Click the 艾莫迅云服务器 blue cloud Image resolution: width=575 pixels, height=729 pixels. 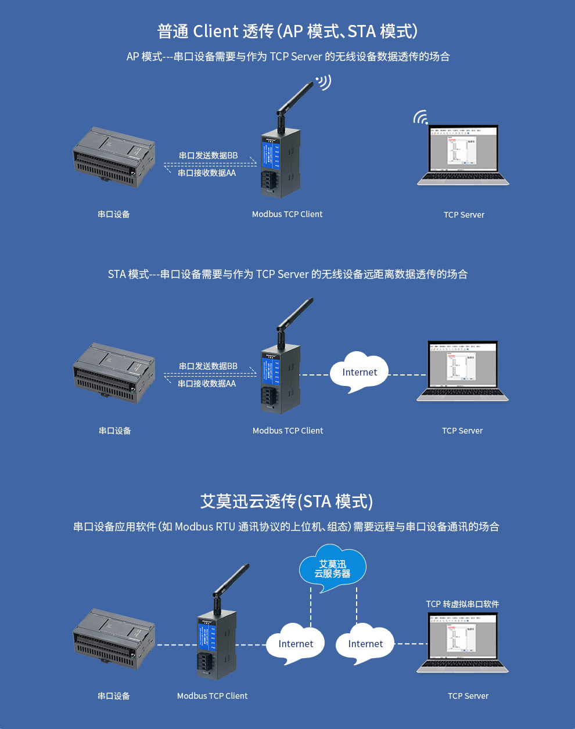[x=332, y=568]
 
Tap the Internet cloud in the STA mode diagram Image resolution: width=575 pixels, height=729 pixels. [x=359, y=373]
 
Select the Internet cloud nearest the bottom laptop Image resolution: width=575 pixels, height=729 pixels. [x=365, y=644]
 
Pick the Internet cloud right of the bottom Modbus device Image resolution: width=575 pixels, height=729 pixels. [x=296, y=644]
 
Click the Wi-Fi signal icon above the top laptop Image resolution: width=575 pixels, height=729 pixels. [x=421, y=117]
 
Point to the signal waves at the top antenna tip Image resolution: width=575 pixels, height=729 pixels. [x=324, y=82]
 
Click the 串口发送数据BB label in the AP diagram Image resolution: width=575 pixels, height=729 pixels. [x=208, y=156]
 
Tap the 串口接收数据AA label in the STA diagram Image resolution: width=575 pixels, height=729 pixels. [x=207, y=384]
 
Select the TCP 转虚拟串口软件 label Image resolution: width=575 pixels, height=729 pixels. [x=462, y=604]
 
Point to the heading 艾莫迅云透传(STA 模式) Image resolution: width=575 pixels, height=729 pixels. [x=287, y=501]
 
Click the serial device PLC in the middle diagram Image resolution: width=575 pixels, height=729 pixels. [x=114, y=371]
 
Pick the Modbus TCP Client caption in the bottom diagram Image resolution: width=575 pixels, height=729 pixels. [x=212, y=696]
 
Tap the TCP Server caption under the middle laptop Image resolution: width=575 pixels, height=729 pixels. [x=462, y=431]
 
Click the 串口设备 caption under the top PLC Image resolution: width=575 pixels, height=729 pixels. [x=114, y=215]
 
